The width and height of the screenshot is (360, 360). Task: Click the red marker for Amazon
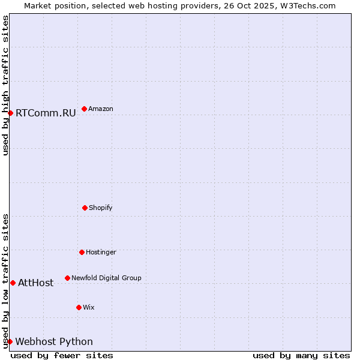point(84,109)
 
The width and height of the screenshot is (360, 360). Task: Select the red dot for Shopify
point(85,208)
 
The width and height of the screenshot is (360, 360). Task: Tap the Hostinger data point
point(82,252)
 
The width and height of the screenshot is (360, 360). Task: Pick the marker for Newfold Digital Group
point(67,278)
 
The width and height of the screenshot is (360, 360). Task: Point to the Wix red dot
point(79,307)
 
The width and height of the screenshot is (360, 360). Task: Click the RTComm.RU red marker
point(10,113)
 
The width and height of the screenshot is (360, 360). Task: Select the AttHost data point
point(13,283)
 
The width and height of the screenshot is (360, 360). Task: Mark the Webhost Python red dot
point(10,341)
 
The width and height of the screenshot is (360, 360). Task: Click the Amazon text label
point(100,109)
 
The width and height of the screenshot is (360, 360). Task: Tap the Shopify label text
point(100,208)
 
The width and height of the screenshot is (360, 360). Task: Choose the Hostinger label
point(101,252)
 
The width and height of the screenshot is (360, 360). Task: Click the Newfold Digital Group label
point(106,278)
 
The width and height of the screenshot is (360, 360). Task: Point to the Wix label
point(89,307)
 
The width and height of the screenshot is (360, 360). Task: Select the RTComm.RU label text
point(46,113)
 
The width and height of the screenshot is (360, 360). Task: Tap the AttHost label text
point(35,283)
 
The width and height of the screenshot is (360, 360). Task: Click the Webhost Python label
point(54,341)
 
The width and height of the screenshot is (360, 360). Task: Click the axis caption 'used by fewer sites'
point(62,355)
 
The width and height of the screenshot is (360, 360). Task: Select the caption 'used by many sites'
point(301,355)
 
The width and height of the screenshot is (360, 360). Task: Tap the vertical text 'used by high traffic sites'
point(5,85)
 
